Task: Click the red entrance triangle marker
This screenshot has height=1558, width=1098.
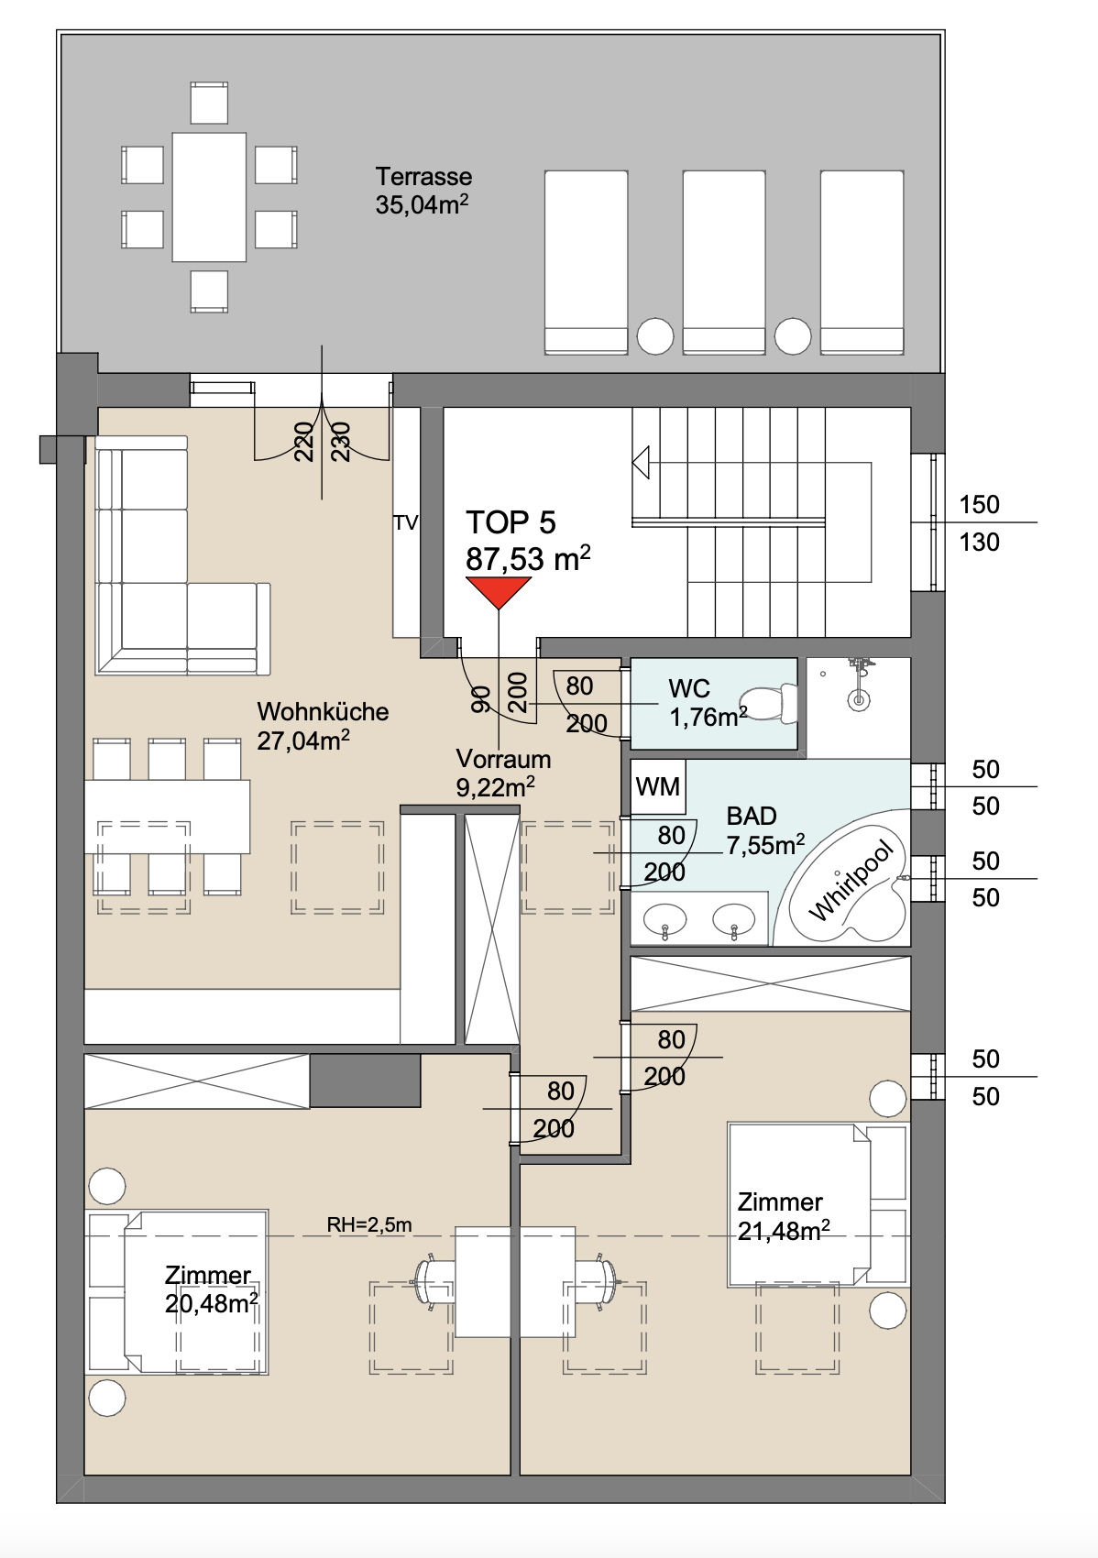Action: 499,591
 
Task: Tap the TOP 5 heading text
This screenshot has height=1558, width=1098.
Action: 511,522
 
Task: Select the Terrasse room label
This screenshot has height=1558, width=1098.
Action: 423,177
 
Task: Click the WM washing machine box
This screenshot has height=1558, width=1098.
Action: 658,786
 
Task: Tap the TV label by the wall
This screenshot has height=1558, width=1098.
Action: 405,523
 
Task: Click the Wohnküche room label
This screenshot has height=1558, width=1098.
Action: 323,711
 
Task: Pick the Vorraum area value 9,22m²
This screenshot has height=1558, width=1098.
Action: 496,787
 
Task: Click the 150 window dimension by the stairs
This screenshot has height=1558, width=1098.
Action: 979,504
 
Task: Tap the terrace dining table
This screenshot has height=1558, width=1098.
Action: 209,198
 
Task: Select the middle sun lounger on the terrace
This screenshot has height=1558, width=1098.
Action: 724,262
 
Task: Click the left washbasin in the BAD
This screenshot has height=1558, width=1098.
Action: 665,919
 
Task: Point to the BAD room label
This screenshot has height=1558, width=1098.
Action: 752,815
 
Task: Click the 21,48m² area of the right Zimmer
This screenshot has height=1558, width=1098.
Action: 784,1232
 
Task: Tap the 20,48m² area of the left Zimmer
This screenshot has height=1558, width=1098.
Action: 212,1304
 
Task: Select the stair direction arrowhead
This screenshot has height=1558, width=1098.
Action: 641,462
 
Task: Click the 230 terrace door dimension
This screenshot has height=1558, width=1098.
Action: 342,442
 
